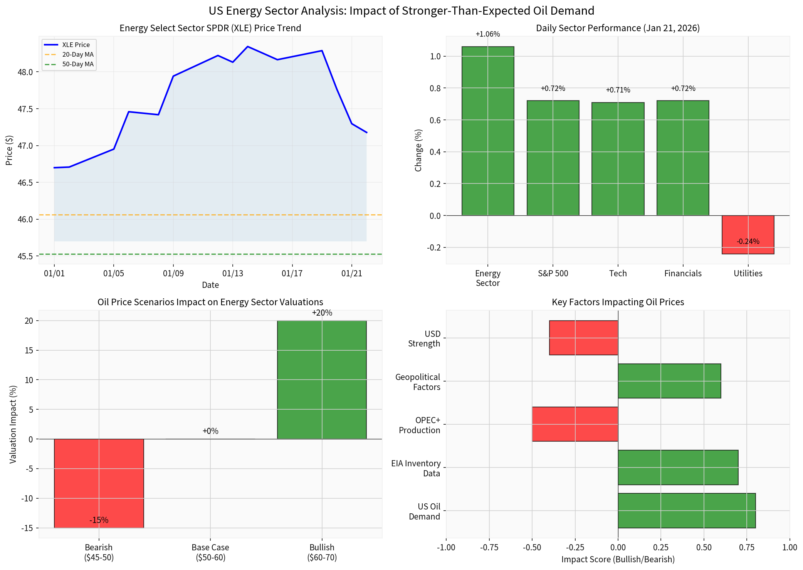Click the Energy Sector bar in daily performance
487,131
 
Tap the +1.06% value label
487,34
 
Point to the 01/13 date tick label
232,274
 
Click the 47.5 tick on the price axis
25,109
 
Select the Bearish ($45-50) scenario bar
99,483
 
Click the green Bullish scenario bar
321,380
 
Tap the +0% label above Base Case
210,431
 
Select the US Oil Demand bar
686,510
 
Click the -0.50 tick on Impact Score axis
532,548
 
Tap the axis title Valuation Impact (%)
13,424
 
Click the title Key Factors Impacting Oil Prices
618,302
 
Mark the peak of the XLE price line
247,47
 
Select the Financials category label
682,274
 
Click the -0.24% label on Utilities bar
748,242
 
